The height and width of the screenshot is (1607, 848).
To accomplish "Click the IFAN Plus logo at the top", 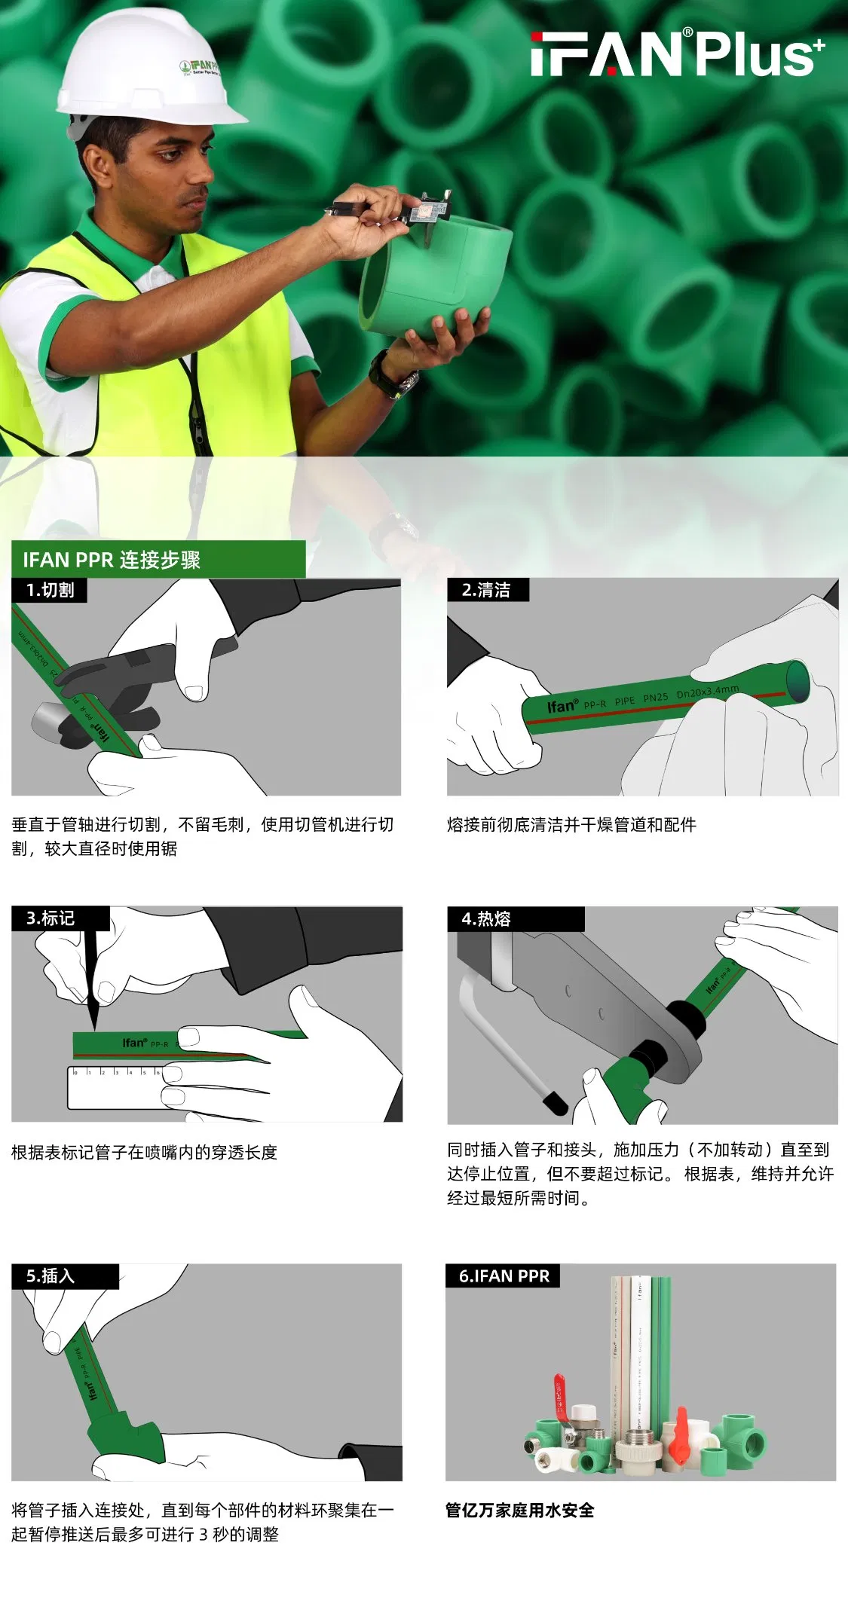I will (x=677, y=53).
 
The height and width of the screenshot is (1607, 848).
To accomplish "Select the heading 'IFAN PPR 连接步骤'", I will (x=112, y=560).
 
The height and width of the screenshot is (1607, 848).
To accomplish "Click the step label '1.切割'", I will (x=50, y=590).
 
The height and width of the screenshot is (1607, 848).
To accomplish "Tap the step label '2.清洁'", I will (x=486, y=590).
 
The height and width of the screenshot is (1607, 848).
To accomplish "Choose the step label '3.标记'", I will (x=51, y=918).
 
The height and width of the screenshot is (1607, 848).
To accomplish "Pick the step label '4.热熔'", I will (x=486, y=918).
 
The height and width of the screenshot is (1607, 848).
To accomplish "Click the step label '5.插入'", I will (x=51, y=1276).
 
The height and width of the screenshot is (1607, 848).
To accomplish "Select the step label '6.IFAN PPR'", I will (x=504, y=1276).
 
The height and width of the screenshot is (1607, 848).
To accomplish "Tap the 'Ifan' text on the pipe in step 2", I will (x=562, y=707).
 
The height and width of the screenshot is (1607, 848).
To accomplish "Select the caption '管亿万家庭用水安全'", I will (x=519, y=1510).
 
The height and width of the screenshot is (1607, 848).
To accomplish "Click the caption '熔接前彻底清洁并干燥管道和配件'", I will (x=571, y=824).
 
